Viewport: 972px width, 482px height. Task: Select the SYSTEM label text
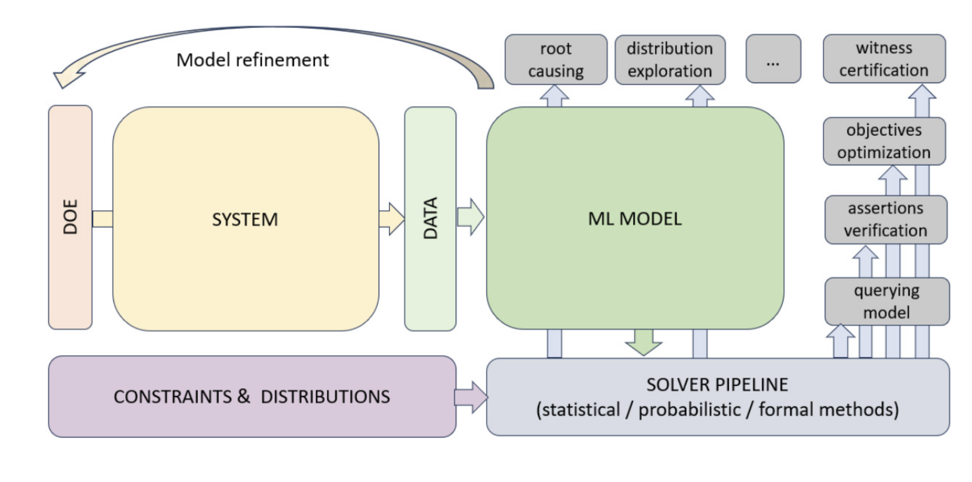pos(245,220)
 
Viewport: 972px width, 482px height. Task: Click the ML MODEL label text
pos(635,219)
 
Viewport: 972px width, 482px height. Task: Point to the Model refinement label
pos(253,60)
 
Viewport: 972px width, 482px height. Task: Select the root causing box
pos(556,59)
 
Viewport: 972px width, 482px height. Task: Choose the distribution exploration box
pos(669,59)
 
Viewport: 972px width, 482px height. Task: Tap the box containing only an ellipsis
pos(773,59)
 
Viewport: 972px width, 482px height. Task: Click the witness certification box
pos(884,59)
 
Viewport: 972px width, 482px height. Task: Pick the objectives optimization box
pos(884,141)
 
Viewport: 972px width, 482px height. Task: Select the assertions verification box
pos(885,220)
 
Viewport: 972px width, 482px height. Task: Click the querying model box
pos(887,301)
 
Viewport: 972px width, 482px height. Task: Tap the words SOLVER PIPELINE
pos(717,385)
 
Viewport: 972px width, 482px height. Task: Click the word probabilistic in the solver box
pos(689,410)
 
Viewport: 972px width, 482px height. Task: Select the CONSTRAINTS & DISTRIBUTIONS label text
pos(252,397)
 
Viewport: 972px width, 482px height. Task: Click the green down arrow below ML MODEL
pos(643,342)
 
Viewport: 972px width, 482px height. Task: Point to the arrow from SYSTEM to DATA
pos(391,219)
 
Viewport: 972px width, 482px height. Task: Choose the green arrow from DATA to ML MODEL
pos(471,217)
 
